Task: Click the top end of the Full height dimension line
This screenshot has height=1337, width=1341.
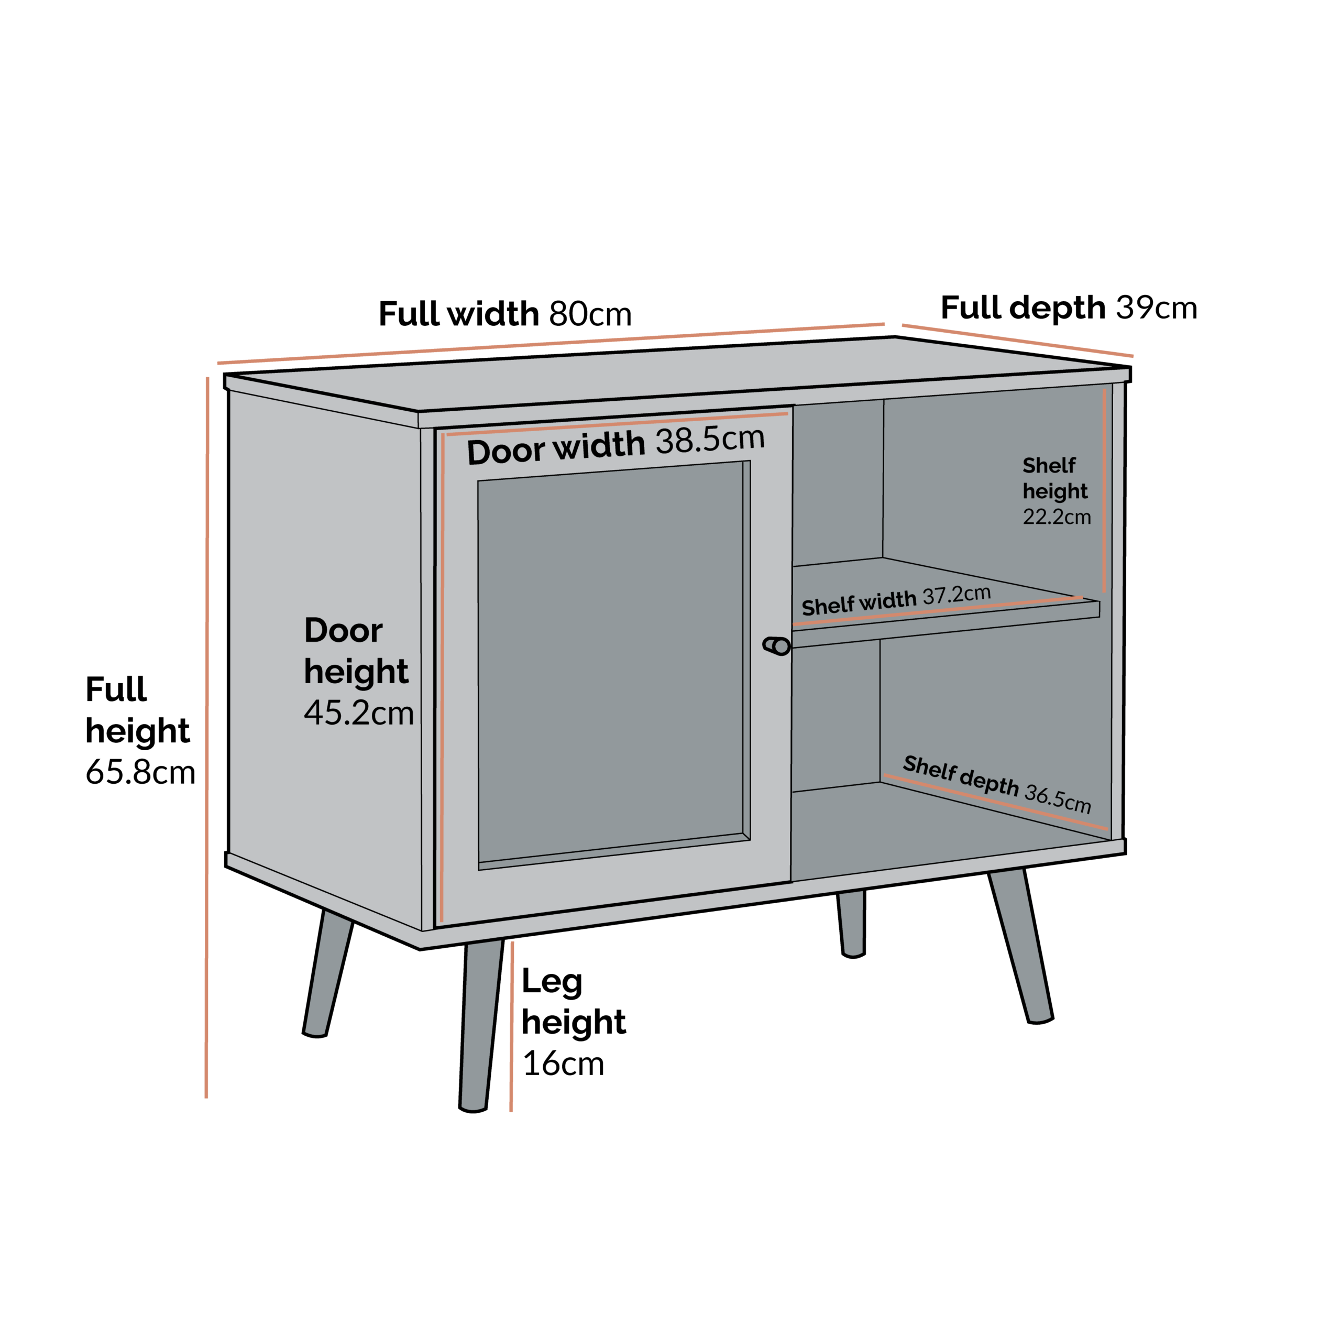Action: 207,378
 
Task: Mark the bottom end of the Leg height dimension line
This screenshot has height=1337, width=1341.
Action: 511,1111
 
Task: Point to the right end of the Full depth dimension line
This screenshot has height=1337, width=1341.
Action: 1133,356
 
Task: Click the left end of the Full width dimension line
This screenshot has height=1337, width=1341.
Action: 218,363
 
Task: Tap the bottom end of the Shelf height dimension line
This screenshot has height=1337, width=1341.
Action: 1104,591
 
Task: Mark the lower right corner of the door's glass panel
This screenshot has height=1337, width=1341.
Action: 750,839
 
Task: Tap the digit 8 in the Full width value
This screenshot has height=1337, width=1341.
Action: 560,314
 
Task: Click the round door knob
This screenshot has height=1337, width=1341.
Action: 777,646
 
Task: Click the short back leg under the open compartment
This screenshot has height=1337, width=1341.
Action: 852,923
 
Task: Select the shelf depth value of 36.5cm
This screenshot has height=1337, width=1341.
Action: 1058,798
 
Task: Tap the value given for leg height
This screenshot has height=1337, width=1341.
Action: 563,1064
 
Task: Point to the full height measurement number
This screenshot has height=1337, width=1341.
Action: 140,772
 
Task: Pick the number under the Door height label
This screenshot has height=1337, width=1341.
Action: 359,712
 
